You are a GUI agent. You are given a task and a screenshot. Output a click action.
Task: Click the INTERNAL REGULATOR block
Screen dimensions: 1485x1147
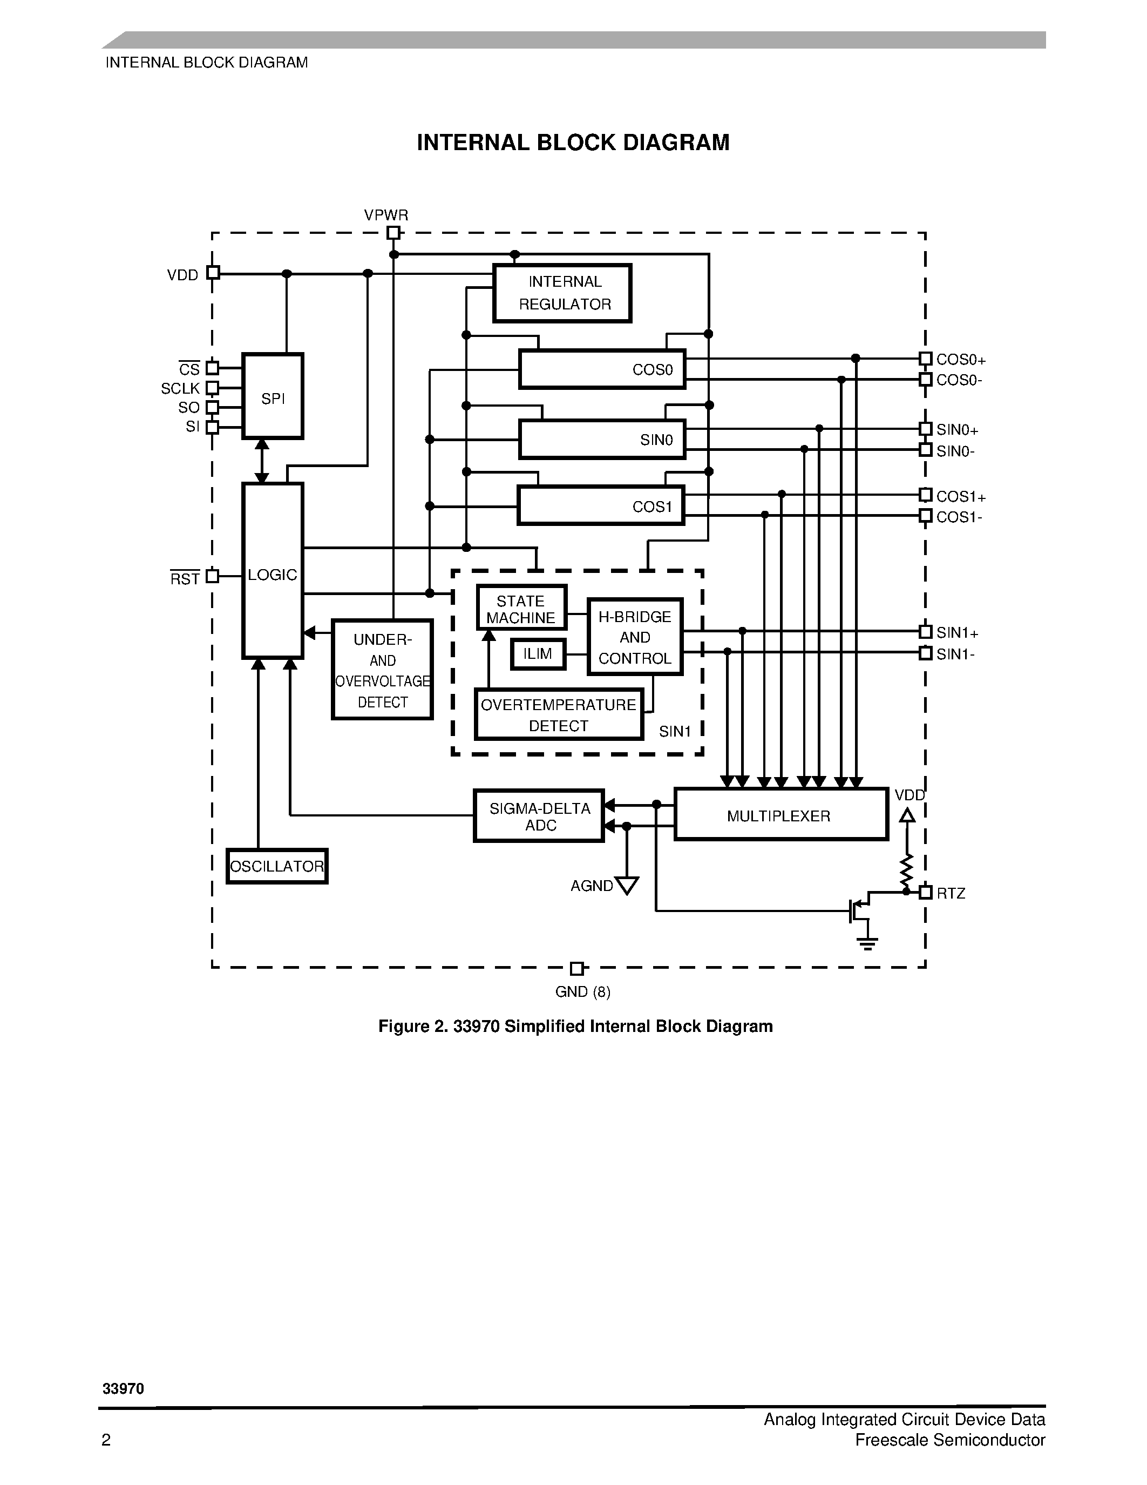pyautogui.click(x=562, y=293)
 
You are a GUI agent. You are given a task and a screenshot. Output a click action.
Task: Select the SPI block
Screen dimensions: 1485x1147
pyautogui.click(x=273, y=396)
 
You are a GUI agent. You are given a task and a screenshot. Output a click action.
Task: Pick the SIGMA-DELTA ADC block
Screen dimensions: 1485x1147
pyautogui.click(x=539, y=816)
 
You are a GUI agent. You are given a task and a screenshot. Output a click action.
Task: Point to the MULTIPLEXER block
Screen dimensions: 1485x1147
pyautogui.click(x=780, y=814)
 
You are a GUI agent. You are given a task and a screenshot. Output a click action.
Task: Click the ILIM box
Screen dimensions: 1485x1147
pyautogui.click(x=538, y=654)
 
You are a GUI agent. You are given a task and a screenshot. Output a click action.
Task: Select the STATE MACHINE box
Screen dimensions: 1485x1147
pyautogui.click(x=521, y=608)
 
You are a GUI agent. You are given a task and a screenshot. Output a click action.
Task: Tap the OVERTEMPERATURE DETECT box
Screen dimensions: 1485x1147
pyautogui.click(x=559, y=714)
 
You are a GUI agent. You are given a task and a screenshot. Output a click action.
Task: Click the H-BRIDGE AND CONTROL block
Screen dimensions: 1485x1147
pyautogui.click(x=635, y=637)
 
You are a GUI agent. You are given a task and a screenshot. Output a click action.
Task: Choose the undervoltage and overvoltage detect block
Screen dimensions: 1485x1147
pyautogui.click(x=382, y=669)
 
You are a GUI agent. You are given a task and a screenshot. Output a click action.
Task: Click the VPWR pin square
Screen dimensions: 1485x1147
pyautogui.click(x=393, y=233)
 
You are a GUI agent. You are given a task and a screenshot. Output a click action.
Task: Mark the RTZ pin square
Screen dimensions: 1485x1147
pyautogui.click(x=925, y=892)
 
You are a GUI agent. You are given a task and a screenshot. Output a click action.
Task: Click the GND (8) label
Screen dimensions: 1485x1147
pyautogui.click(x=582, y=992)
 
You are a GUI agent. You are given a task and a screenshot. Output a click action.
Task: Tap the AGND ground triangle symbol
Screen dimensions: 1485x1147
pyautogui.click(x=627, y=885)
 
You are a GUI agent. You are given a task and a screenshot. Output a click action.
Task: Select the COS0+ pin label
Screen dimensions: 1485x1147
pyautogui.click(x=960, y=360)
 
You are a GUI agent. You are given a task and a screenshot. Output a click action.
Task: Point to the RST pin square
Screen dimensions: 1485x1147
pyautogui.click(x=213, y=576)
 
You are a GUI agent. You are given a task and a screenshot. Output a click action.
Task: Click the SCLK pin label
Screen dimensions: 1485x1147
pyautogui.click(x=180, y=388)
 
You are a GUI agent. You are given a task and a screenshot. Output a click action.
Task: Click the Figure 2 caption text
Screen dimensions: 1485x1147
pyautogui.click(x=575, y=1026)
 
